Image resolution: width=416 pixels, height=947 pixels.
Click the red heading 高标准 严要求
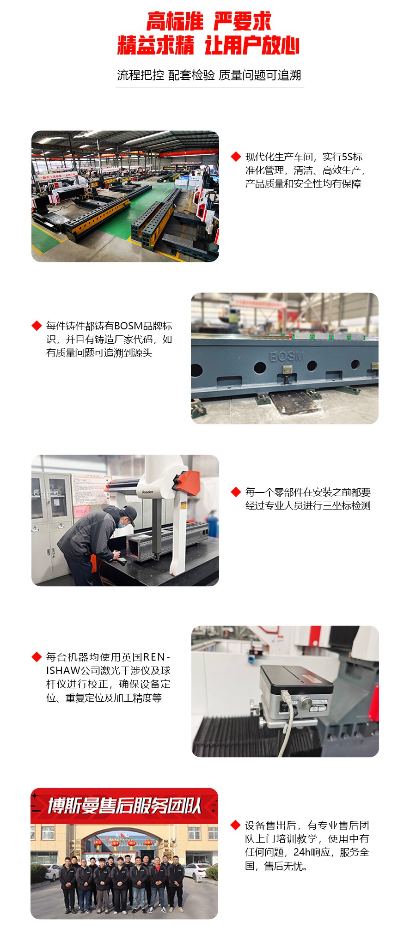click(209, 21)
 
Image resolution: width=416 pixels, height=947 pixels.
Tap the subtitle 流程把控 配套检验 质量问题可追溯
click(209, 75)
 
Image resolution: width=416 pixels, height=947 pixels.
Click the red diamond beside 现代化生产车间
click(236, 157)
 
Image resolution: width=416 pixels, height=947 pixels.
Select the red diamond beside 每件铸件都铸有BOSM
click(37, 326)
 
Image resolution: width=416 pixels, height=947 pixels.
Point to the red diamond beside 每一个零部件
click(236, 492)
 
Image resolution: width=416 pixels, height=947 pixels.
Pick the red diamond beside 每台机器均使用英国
click(37, 656)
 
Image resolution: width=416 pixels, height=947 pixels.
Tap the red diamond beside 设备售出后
click(236, 825)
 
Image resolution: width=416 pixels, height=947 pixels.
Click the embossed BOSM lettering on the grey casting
click(287, 356)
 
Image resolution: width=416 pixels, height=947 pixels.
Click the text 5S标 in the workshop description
click(352, 157)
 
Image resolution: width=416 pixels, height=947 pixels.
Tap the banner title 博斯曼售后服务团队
click(125, 806)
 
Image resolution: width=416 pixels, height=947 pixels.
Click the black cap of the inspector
click(128, 512)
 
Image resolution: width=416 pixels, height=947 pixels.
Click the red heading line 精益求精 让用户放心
click(209, 45)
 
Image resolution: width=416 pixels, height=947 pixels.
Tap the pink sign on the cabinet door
click(82, 511)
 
